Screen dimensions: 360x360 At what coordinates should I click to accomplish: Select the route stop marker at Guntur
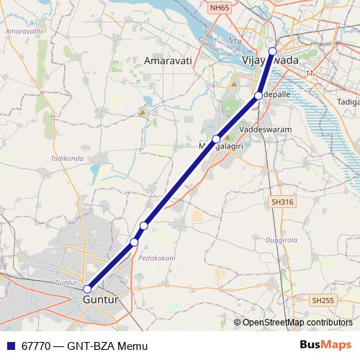(x=88, y=289)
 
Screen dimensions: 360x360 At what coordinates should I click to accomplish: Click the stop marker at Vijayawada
(x=272, y=50)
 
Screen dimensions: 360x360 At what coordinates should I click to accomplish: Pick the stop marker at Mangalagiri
(x=216, y=139)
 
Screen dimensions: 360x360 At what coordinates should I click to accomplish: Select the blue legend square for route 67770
(x=9, y=346)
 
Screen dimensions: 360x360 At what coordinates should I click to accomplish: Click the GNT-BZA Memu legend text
(x=102, y=346)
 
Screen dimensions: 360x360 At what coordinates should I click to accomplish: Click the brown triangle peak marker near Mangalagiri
(x=228, y=137)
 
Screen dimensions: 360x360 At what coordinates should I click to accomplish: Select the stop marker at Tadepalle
(x=258, y=95)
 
